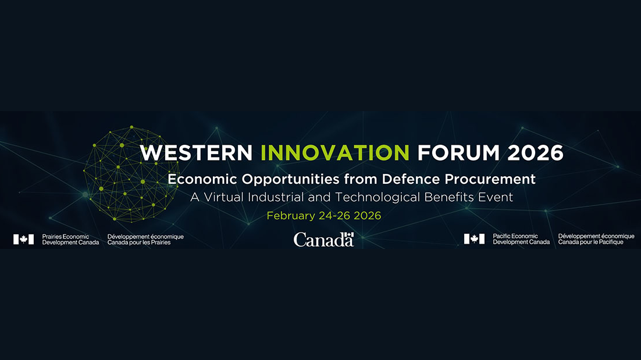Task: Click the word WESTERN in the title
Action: click(x=197, y=152)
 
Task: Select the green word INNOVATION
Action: click(x=335, y=152)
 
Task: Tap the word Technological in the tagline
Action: click(x=372, y=197)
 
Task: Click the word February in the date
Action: click(x=291, y=216)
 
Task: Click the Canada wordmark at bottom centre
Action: click(x=323, y=240)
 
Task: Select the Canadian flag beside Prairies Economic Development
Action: click(x=24, y=239)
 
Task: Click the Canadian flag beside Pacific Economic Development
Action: click(x=474, y=239)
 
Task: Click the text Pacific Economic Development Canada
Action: click(x=521, y=239)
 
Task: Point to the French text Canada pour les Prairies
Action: click(x=139, y=242)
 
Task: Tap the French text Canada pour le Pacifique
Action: click(x=590, y=242)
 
